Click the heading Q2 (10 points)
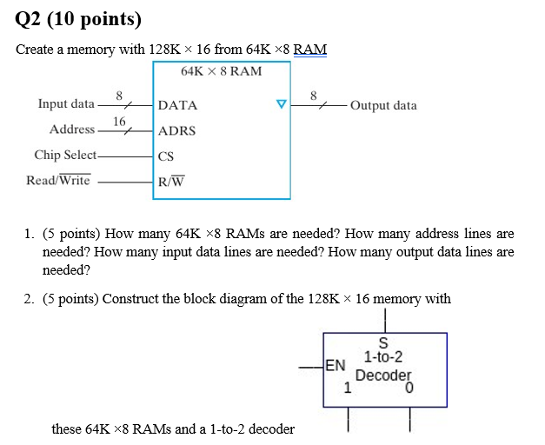coord(78,18)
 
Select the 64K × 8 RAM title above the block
coord(221,70)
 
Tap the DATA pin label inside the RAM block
coord(177,105)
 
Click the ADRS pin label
coord(176,131)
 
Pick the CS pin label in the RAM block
coord(166,156)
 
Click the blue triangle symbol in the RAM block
coord(281,105)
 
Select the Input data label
coord(66,104)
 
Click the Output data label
coord(383,105)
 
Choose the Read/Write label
coord(58,181)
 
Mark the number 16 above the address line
coord(119,120)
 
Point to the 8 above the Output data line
coord(315,94)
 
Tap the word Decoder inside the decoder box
coord(383,375)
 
